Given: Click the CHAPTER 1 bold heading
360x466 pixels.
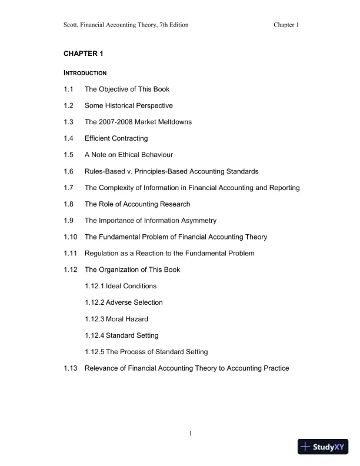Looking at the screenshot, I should click(83, 54).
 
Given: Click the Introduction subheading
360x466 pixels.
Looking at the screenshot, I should click(85, 73).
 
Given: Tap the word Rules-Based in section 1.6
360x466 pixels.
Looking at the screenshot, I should click(104, 171).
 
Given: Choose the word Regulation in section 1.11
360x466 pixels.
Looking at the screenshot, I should click(102, 253).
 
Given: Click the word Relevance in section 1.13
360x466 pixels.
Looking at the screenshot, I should click(101, 368).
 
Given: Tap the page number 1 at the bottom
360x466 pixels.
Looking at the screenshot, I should click(191, 434).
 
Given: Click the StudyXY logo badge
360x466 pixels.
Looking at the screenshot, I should click(324, 447).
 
